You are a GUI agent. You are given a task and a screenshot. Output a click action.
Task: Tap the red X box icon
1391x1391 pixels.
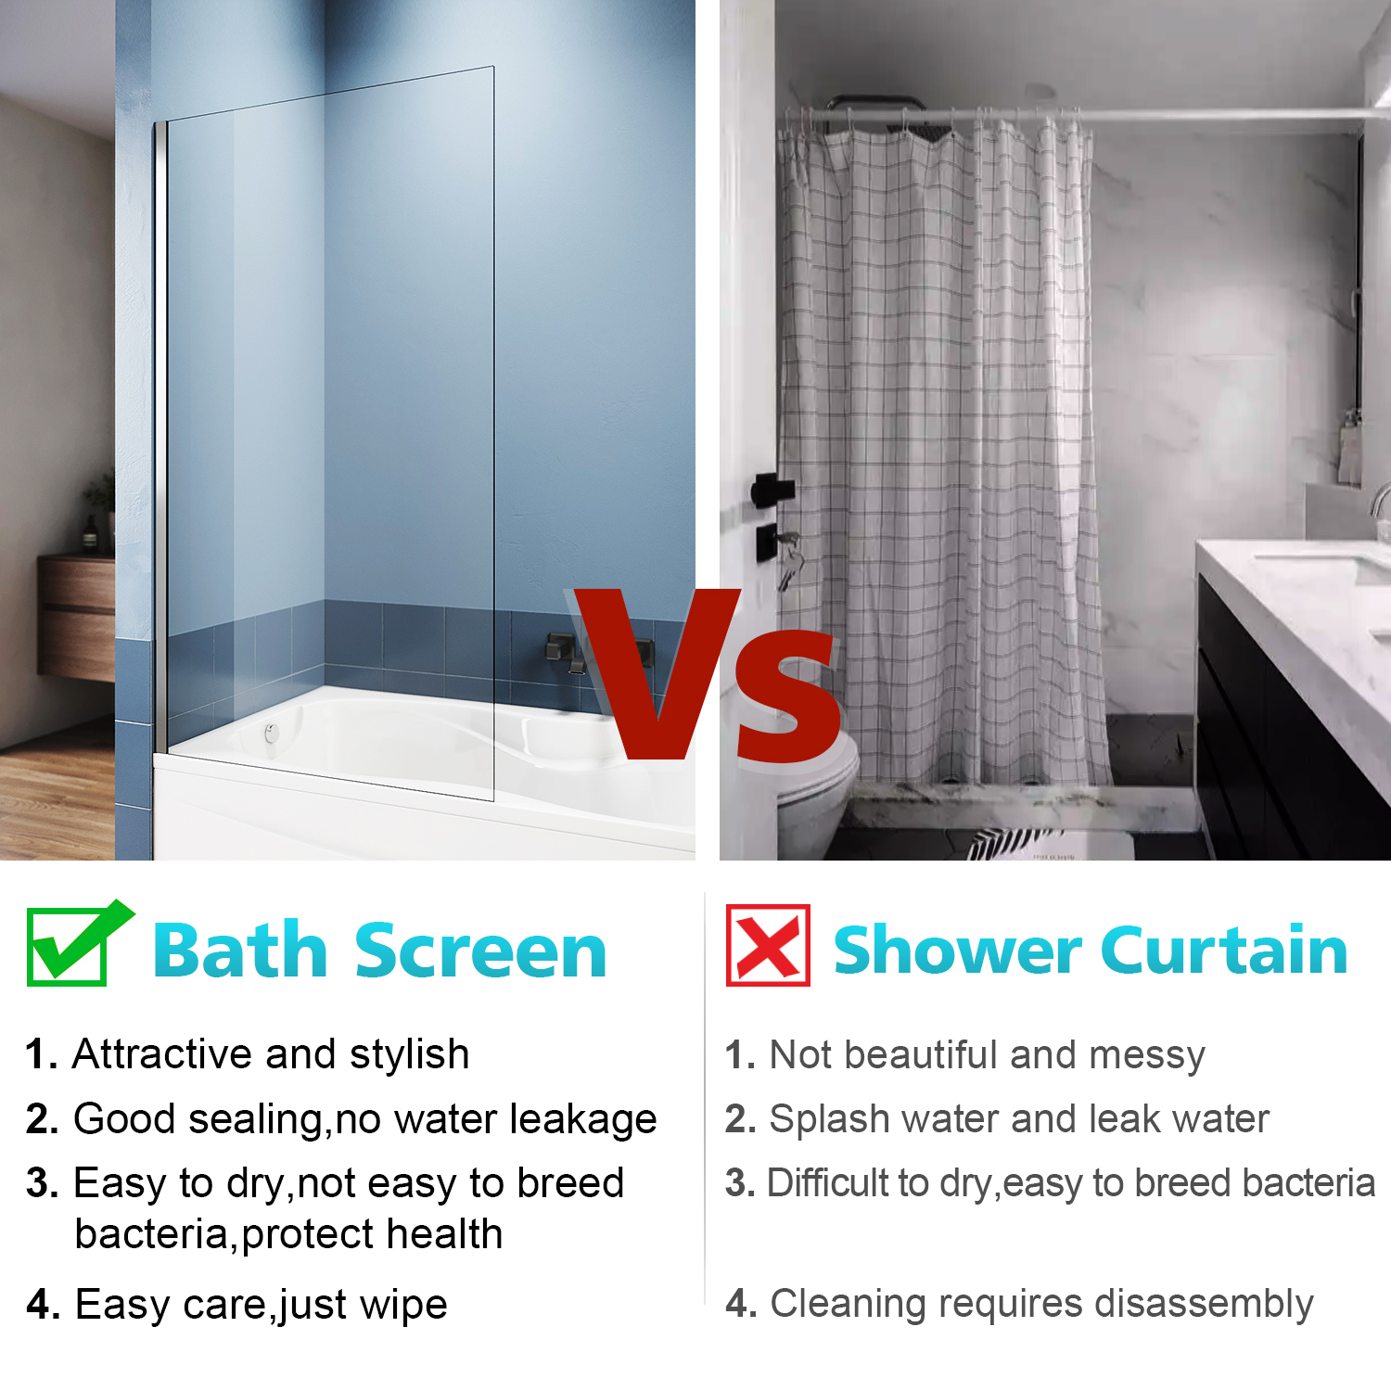tap(768, 945)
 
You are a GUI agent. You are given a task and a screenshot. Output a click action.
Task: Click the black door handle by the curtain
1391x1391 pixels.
tap(772, 490)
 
